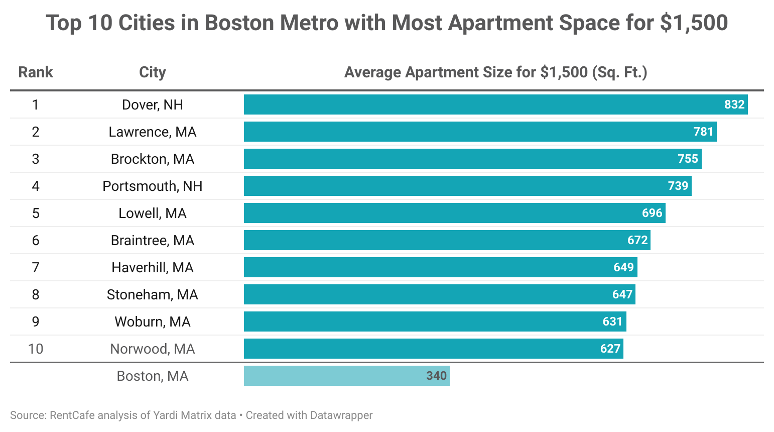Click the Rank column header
[x=35, y=72]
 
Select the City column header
[x=152, y=72]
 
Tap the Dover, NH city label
[x=152, y=105]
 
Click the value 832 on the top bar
[x=734, y=104]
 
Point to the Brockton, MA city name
[x=152, y=159]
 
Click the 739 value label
[x=678, y=186]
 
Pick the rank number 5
[x=36, y=213]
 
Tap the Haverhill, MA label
[x=152, y=268]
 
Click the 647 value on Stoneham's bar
[x=622, y=294]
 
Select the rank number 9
[x=36, y=322]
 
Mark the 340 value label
[x=436, y=376]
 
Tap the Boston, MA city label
[x=152, y=376]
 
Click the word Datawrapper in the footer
[x=341, y=415]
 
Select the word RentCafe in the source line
[x=72, y=415]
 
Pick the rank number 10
[x=36, y=349]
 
